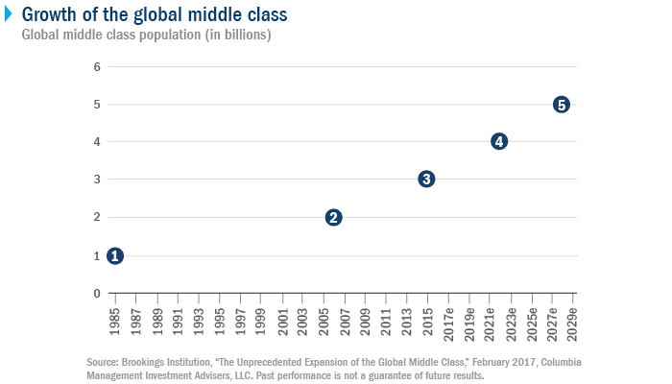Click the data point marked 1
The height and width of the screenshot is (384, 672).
point(115,255)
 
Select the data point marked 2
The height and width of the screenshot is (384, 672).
point(333,217)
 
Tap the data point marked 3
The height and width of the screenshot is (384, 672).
point(427,179)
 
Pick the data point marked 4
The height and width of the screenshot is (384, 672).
point(499,141)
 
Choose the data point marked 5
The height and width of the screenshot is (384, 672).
point(562,104)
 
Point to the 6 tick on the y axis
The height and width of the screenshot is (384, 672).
point(97,66)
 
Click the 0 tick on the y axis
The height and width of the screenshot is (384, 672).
point(97,294)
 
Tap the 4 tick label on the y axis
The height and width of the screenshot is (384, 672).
point(97,142)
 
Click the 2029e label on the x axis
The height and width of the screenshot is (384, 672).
point(573,322)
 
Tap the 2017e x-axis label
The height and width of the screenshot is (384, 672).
point(448,322)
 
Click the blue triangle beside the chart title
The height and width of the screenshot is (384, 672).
point(9,14)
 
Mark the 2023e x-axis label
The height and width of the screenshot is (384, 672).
point(511,322)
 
